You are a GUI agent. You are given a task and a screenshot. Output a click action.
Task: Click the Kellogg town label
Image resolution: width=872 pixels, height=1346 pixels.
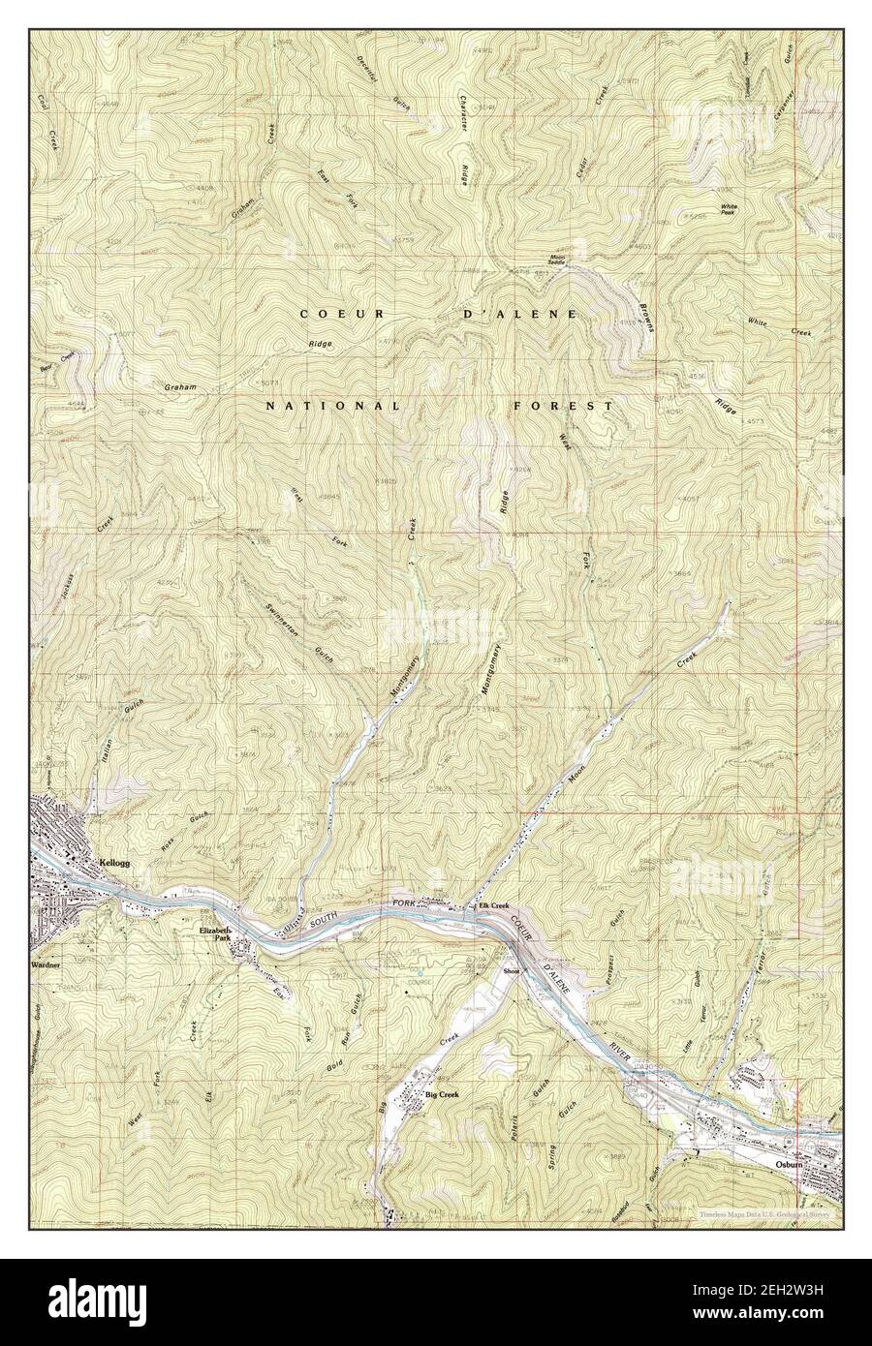[x=114, y=861]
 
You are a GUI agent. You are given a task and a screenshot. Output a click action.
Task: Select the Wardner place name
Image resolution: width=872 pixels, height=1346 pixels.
[x=45, y=965]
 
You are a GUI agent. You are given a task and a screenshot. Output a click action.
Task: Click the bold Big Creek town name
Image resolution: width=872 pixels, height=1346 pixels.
[x=444, y=1094]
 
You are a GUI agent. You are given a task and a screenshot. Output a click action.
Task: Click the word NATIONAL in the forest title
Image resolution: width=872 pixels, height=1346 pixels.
[x=332, y=407]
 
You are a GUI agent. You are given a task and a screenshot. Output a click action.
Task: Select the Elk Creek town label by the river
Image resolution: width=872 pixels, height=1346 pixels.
[x=494, y=905]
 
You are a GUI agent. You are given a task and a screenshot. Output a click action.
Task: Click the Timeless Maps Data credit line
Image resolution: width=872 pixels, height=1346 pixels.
[x=765, y=1212]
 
